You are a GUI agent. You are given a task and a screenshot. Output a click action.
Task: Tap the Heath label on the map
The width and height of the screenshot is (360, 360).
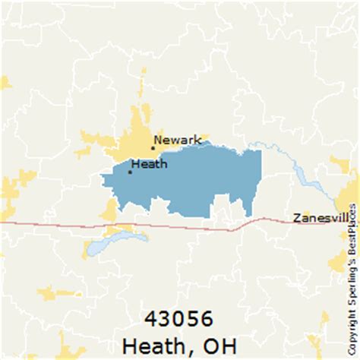[x=149, y=163]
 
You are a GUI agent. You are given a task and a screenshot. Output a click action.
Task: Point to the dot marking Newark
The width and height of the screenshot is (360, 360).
[x=152, y=148]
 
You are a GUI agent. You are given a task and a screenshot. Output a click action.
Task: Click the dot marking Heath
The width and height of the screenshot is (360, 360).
[x=130, y=172]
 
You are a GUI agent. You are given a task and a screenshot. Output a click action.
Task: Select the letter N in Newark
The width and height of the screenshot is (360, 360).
[x=157, y=140]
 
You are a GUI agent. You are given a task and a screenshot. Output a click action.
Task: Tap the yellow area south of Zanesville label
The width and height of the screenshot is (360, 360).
[x=338, y=262]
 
